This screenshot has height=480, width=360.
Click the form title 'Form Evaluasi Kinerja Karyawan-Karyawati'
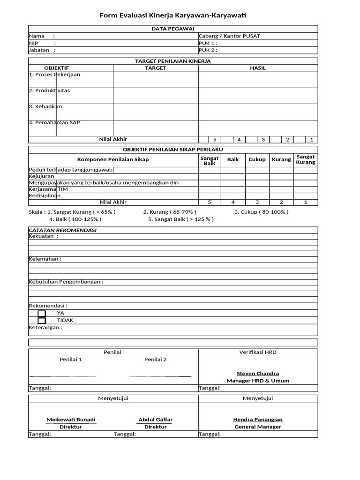(172, 16)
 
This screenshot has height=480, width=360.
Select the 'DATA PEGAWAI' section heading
(172, 29)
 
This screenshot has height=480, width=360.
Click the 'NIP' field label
(34, 43)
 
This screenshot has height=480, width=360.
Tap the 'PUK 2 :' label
(208, 50)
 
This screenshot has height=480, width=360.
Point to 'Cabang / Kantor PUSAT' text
(230, 36)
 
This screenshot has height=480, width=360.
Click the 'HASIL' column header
(258, 68)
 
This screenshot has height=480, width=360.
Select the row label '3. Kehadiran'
(45, 106)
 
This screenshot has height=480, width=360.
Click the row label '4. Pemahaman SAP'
(54, 122)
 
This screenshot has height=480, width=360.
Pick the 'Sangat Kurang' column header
(306, 159)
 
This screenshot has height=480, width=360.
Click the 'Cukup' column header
(257, 159)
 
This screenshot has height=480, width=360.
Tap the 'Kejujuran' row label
(42, 176)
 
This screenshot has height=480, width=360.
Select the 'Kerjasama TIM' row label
(49, 189)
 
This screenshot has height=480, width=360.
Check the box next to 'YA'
(42, 313)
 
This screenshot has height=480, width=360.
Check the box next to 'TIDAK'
(42, 321)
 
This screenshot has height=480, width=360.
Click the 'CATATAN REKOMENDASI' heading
(62, 230)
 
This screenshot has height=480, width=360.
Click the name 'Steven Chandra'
(258, 374)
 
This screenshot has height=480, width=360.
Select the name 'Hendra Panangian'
(258, 420)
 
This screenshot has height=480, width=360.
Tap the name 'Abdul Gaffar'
(156, 420)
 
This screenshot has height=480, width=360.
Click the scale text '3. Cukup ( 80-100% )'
(262, 212)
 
